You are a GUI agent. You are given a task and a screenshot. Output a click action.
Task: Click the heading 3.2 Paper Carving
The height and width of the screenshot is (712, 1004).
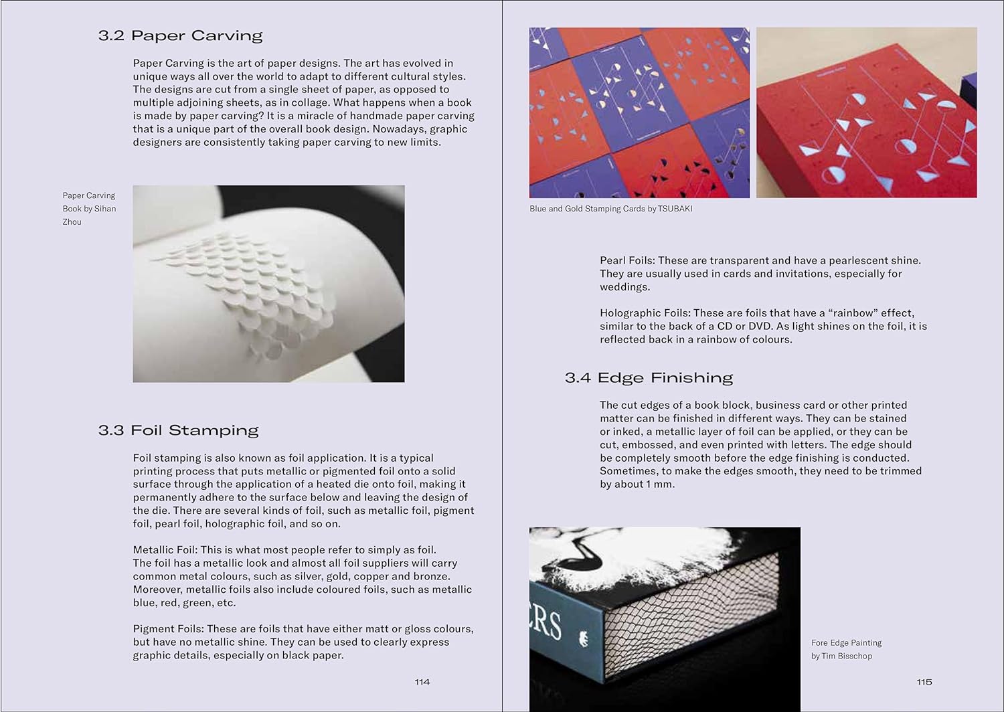(180, 35)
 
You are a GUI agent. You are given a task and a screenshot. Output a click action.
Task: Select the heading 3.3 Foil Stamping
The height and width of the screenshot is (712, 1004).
(178, 430)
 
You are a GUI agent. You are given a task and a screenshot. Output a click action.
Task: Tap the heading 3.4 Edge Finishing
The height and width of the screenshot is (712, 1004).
(649, 378)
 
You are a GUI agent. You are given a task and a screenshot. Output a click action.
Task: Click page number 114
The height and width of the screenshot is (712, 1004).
(422, 682)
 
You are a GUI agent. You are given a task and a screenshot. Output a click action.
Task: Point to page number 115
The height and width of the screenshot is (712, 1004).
(924, 682)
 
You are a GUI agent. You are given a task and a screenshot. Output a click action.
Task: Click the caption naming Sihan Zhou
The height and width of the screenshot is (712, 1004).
(89, 209)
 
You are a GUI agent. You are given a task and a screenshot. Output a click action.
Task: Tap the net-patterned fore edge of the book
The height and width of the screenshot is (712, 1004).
(689, 616)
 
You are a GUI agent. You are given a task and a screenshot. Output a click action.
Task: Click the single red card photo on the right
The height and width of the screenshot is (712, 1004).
(866, 112)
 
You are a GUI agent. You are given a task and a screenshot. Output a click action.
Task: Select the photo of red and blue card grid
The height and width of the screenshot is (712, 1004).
(639, 112)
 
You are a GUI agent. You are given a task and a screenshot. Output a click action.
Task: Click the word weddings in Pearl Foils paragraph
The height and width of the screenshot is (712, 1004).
(624, 287)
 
